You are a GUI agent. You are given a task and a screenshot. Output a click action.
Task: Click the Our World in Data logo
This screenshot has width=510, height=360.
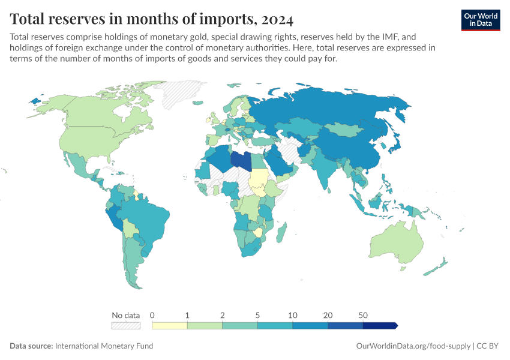point(481,20)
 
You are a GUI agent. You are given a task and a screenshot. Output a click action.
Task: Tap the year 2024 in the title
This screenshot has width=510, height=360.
point(277,19)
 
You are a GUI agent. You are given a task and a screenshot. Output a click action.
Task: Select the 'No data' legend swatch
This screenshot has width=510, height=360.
point(126,326)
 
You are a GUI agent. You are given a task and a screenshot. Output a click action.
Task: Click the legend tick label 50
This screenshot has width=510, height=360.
point(363,315)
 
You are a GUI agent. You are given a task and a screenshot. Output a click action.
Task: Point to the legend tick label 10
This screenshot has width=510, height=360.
point(292,315)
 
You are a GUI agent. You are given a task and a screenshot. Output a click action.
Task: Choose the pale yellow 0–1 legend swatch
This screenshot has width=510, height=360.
point(169,326)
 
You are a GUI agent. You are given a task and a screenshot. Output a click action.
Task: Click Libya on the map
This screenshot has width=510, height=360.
point(241,161)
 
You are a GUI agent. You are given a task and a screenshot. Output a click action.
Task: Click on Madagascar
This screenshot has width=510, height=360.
point(281,232)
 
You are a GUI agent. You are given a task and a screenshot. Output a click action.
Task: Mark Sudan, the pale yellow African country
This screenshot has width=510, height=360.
point(259,178)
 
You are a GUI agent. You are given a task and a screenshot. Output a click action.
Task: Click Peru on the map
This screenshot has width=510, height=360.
point(113,218)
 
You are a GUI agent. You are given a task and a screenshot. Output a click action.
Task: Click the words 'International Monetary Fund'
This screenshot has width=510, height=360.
point(104,346)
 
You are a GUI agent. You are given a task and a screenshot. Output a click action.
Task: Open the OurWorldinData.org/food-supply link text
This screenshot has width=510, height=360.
point(413,346)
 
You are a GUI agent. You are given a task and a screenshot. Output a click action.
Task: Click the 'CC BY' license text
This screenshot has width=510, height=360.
point(487,346)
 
